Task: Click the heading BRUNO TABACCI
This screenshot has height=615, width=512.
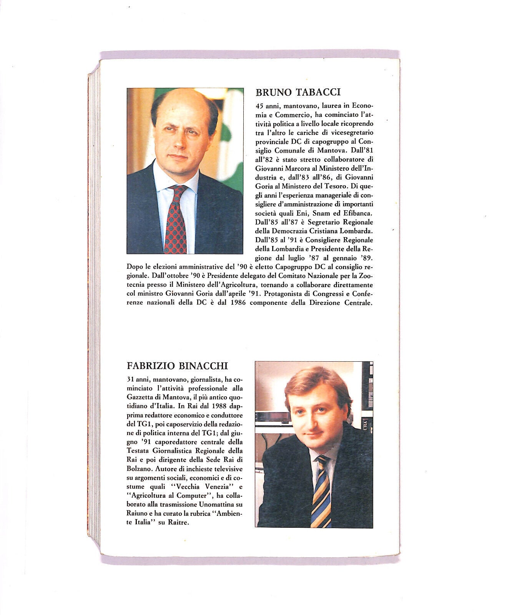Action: pyautogui.click(x=298, y=92)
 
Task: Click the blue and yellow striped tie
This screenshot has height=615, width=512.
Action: pyautogui.click(x=322, y=492)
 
